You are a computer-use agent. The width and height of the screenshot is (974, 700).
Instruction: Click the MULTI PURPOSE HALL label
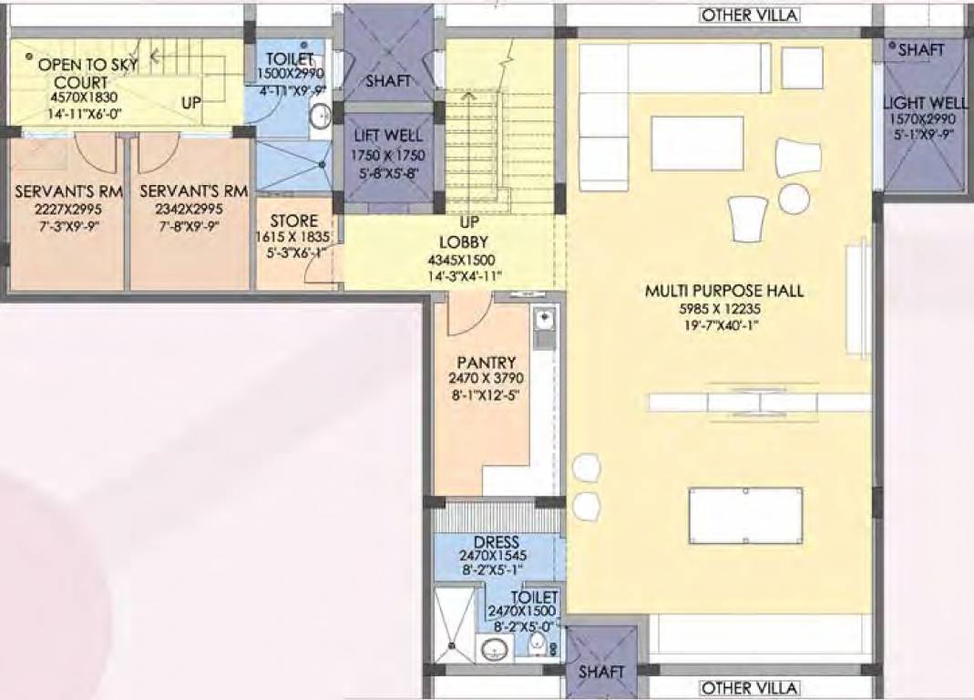pos(723,291)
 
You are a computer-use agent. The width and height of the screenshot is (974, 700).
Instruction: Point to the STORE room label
pos(294,221)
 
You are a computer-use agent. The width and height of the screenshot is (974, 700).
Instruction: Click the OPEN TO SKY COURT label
pos(80,74)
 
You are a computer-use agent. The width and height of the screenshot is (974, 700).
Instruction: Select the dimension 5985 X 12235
pos(723,308)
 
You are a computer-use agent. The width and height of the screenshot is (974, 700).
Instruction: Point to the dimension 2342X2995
pos(190,209)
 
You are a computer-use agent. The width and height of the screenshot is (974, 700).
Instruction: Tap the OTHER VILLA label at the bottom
pos(749,688)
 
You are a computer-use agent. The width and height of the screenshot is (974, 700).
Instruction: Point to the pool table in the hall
pos(745,516)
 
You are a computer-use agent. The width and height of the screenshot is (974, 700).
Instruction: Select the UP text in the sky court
pos(190,103)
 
